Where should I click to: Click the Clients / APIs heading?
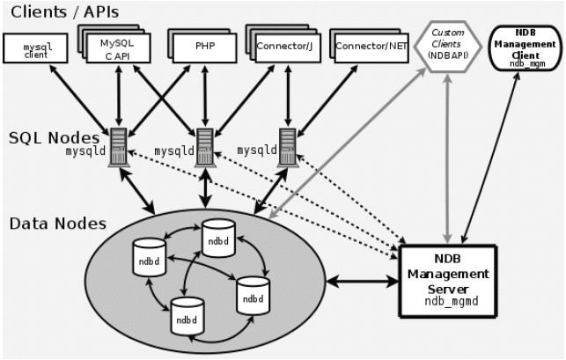click(64, 12)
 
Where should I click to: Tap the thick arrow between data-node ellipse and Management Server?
click(361, 282)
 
